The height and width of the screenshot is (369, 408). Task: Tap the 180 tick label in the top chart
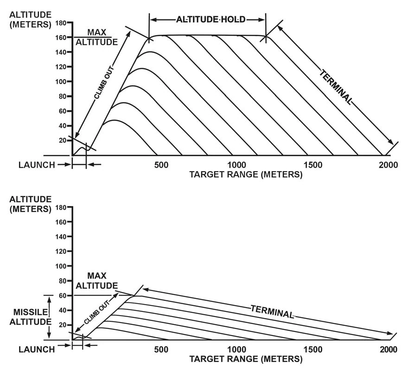tap(61, 22)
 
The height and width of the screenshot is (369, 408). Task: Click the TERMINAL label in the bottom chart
tap(273, 311)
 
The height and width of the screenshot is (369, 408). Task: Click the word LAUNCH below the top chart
tap(37, 165)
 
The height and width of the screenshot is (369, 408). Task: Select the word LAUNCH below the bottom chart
tap(37, 349)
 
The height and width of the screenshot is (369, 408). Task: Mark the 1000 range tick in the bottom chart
tap(236, 350)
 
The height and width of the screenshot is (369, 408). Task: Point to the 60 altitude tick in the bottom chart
tap(63, 295)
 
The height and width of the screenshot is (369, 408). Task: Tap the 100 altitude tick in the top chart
tap(61, 82)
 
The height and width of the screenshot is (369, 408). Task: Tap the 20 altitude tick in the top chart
tap(63, 140)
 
